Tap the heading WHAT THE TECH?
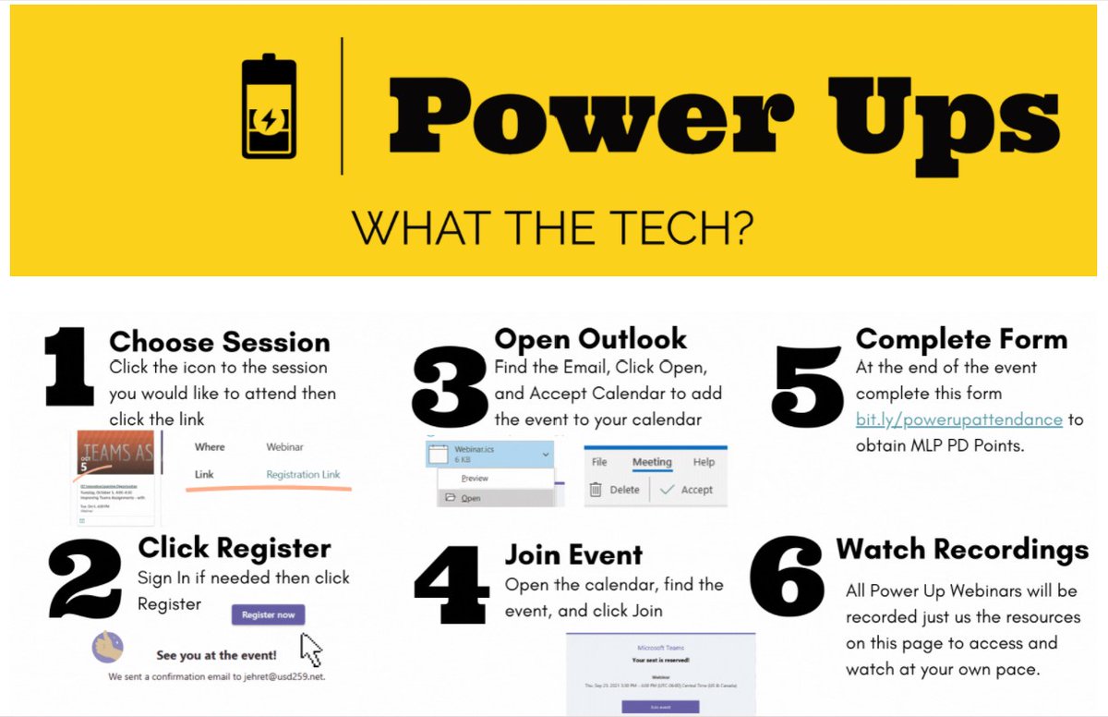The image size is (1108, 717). [552, 229]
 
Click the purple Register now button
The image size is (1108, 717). [268, 614]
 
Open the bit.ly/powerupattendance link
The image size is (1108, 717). [958, 419]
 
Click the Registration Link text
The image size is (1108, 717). [303, 474]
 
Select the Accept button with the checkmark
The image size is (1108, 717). [687, 489]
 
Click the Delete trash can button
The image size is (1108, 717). [615, 489]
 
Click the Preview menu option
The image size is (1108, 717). [475, 479]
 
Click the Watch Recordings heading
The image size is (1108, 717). [962, 550]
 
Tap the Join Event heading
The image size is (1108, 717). [572, 555]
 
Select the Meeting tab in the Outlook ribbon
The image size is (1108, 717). [652, 461]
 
